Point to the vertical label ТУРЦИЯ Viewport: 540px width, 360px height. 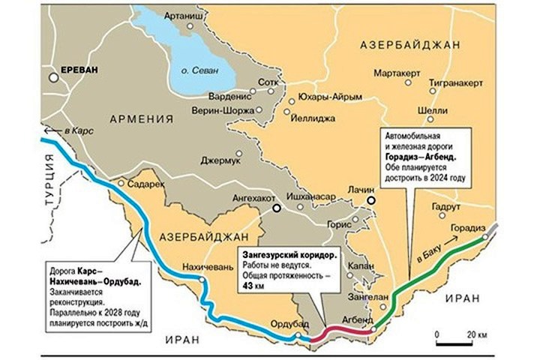pos(49,179)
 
